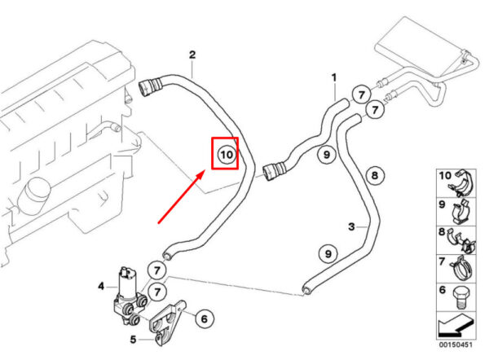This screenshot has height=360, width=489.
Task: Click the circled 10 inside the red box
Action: coord(226,152)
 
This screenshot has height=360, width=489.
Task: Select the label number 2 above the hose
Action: coord(192,55)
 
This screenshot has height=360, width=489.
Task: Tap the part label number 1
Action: coord(333,77)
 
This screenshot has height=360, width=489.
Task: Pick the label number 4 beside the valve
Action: coord(101,286)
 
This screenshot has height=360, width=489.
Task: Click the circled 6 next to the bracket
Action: coord(204,318)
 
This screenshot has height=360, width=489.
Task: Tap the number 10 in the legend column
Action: coord(445,175)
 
